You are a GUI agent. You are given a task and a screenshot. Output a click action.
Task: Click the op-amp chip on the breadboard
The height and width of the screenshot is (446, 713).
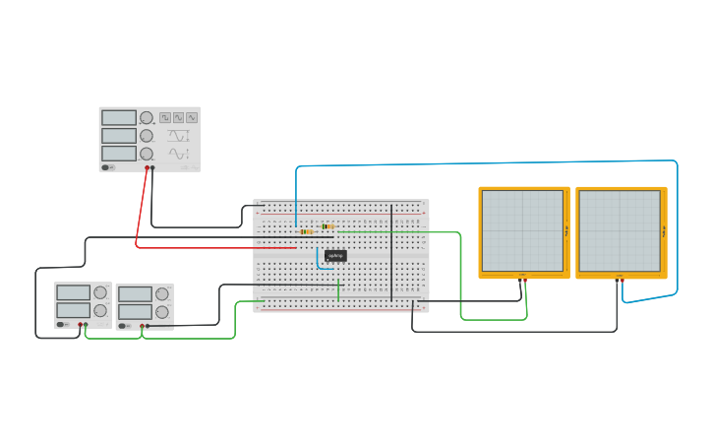335,256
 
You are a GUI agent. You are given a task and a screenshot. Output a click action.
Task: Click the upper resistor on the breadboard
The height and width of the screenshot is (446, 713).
327,226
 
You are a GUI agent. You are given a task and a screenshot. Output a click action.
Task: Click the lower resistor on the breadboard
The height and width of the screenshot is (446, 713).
306,232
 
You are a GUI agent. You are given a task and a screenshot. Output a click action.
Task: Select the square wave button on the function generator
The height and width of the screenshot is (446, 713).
165,117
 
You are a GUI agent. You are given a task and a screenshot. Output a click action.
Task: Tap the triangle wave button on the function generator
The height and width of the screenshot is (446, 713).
178,117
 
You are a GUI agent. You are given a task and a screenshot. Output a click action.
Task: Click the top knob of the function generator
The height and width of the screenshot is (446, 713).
147,118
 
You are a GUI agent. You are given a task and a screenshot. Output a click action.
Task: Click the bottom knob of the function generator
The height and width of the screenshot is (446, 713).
147,154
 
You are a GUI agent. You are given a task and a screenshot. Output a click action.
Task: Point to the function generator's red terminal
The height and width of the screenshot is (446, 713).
147,168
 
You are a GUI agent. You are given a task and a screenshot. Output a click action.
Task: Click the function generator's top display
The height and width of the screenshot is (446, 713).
119,117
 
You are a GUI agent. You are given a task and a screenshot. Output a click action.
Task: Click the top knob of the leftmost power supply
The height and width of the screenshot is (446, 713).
99,292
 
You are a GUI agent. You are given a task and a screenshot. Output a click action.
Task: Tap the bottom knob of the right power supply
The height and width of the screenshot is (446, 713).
161,312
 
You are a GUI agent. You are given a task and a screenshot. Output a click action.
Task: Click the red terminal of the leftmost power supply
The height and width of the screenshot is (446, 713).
80,325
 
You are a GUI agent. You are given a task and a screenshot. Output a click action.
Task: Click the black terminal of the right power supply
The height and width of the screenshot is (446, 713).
148,326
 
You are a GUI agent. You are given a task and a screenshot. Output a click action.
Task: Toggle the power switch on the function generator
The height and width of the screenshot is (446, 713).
107,167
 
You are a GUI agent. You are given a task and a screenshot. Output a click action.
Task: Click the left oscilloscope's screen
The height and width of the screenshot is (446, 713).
522,230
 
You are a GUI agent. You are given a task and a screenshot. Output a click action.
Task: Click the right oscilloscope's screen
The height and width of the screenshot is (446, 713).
620,230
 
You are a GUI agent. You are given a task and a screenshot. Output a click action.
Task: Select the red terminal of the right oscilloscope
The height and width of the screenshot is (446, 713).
623,281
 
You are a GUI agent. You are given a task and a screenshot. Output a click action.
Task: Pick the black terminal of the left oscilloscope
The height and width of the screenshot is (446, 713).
520,282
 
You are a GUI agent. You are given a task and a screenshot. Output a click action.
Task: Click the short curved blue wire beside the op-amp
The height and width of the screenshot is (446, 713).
318,258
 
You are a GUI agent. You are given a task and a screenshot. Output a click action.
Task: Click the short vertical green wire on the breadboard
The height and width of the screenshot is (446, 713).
338,289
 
